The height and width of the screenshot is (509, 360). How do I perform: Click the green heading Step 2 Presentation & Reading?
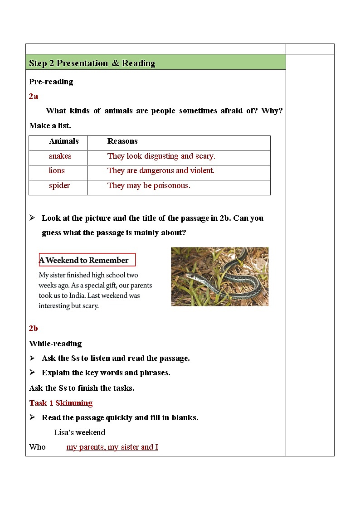tap(92, 63)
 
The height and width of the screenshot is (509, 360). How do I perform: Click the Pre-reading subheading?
tap(51, 82)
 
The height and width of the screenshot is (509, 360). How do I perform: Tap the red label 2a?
tap(34, 96)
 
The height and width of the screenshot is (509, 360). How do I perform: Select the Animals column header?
tap(63, 141)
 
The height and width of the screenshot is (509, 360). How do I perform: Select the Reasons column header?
tap(122, 141)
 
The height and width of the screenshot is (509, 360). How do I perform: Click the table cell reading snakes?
tap(60, 156)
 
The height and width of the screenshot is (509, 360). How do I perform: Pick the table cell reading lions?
tap(57, 171)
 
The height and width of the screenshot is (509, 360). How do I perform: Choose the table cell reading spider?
tap(59, 186)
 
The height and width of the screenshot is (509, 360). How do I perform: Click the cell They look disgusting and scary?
tap(161, 156)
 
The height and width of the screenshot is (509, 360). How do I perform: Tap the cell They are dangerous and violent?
tap(161, 171)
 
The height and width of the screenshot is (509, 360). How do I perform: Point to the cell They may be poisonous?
tap(149, 186)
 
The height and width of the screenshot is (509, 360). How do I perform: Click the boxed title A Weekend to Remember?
tap(84, 260)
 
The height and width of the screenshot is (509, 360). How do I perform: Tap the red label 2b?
tap(34, 329)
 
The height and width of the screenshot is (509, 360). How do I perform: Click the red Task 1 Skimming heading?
tap(61, 403)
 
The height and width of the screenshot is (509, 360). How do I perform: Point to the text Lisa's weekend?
tap(80, 432)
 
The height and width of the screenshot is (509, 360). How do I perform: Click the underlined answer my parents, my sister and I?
tap(112, 447)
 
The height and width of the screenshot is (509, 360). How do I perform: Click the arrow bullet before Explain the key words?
tap(33, 373)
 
